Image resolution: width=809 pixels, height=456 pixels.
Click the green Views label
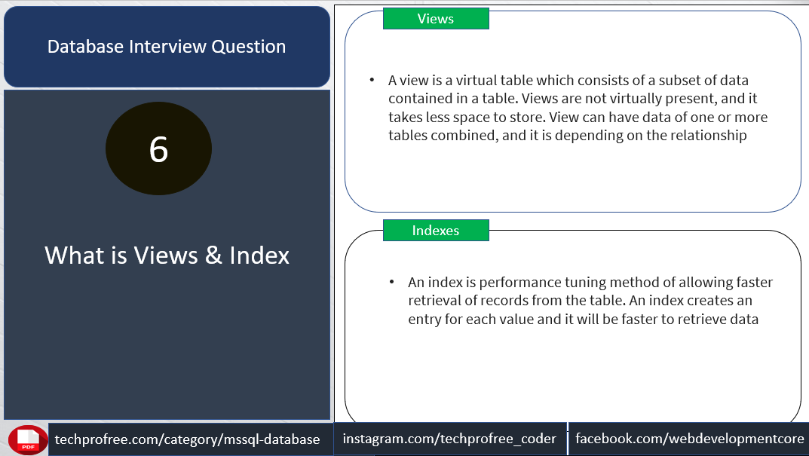click(436, 19)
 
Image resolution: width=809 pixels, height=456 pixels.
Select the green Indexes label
click(436, 230)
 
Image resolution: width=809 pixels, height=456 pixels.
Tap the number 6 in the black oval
click(159, 149)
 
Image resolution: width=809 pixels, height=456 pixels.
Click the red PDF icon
click(28, 440)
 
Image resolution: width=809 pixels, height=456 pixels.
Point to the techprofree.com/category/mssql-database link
click(187, 439)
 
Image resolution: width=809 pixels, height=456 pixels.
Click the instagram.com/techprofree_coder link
click(449, 439)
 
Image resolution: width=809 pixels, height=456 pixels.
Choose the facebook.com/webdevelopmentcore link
click(690, 439)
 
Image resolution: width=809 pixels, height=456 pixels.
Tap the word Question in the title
click(249, 47)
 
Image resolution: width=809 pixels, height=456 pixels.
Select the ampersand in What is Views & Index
click(213, 256)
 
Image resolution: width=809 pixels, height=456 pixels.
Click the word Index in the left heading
click(259, 256)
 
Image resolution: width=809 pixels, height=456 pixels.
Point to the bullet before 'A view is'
click(372, 80)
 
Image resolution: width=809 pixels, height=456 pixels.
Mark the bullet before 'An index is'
click(391, 282)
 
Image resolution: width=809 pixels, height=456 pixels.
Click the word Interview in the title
click(168, 47)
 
